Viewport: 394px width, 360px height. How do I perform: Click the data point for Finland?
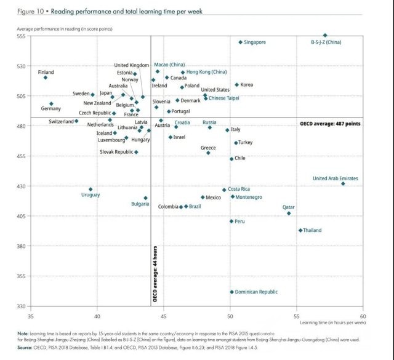45,78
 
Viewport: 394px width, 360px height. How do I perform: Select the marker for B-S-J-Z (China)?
326,35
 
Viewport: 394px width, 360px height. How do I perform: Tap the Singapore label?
255,42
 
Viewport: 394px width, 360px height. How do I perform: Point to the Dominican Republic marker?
232,292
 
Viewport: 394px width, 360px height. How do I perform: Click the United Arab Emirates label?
336,178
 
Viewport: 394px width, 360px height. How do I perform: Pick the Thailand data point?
300,230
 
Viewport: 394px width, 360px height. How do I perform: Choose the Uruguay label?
90,195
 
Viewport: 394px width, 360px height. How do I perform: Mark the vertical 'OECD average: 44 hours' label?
155,274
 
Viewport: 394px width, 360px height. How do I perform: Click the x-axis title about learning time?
333,322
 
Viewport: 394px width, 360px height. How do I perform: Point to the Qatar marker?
289,213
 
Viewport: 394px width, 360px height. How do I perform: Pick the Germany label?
50,109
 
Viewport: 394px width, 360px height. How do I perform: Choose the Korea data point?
236,84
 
